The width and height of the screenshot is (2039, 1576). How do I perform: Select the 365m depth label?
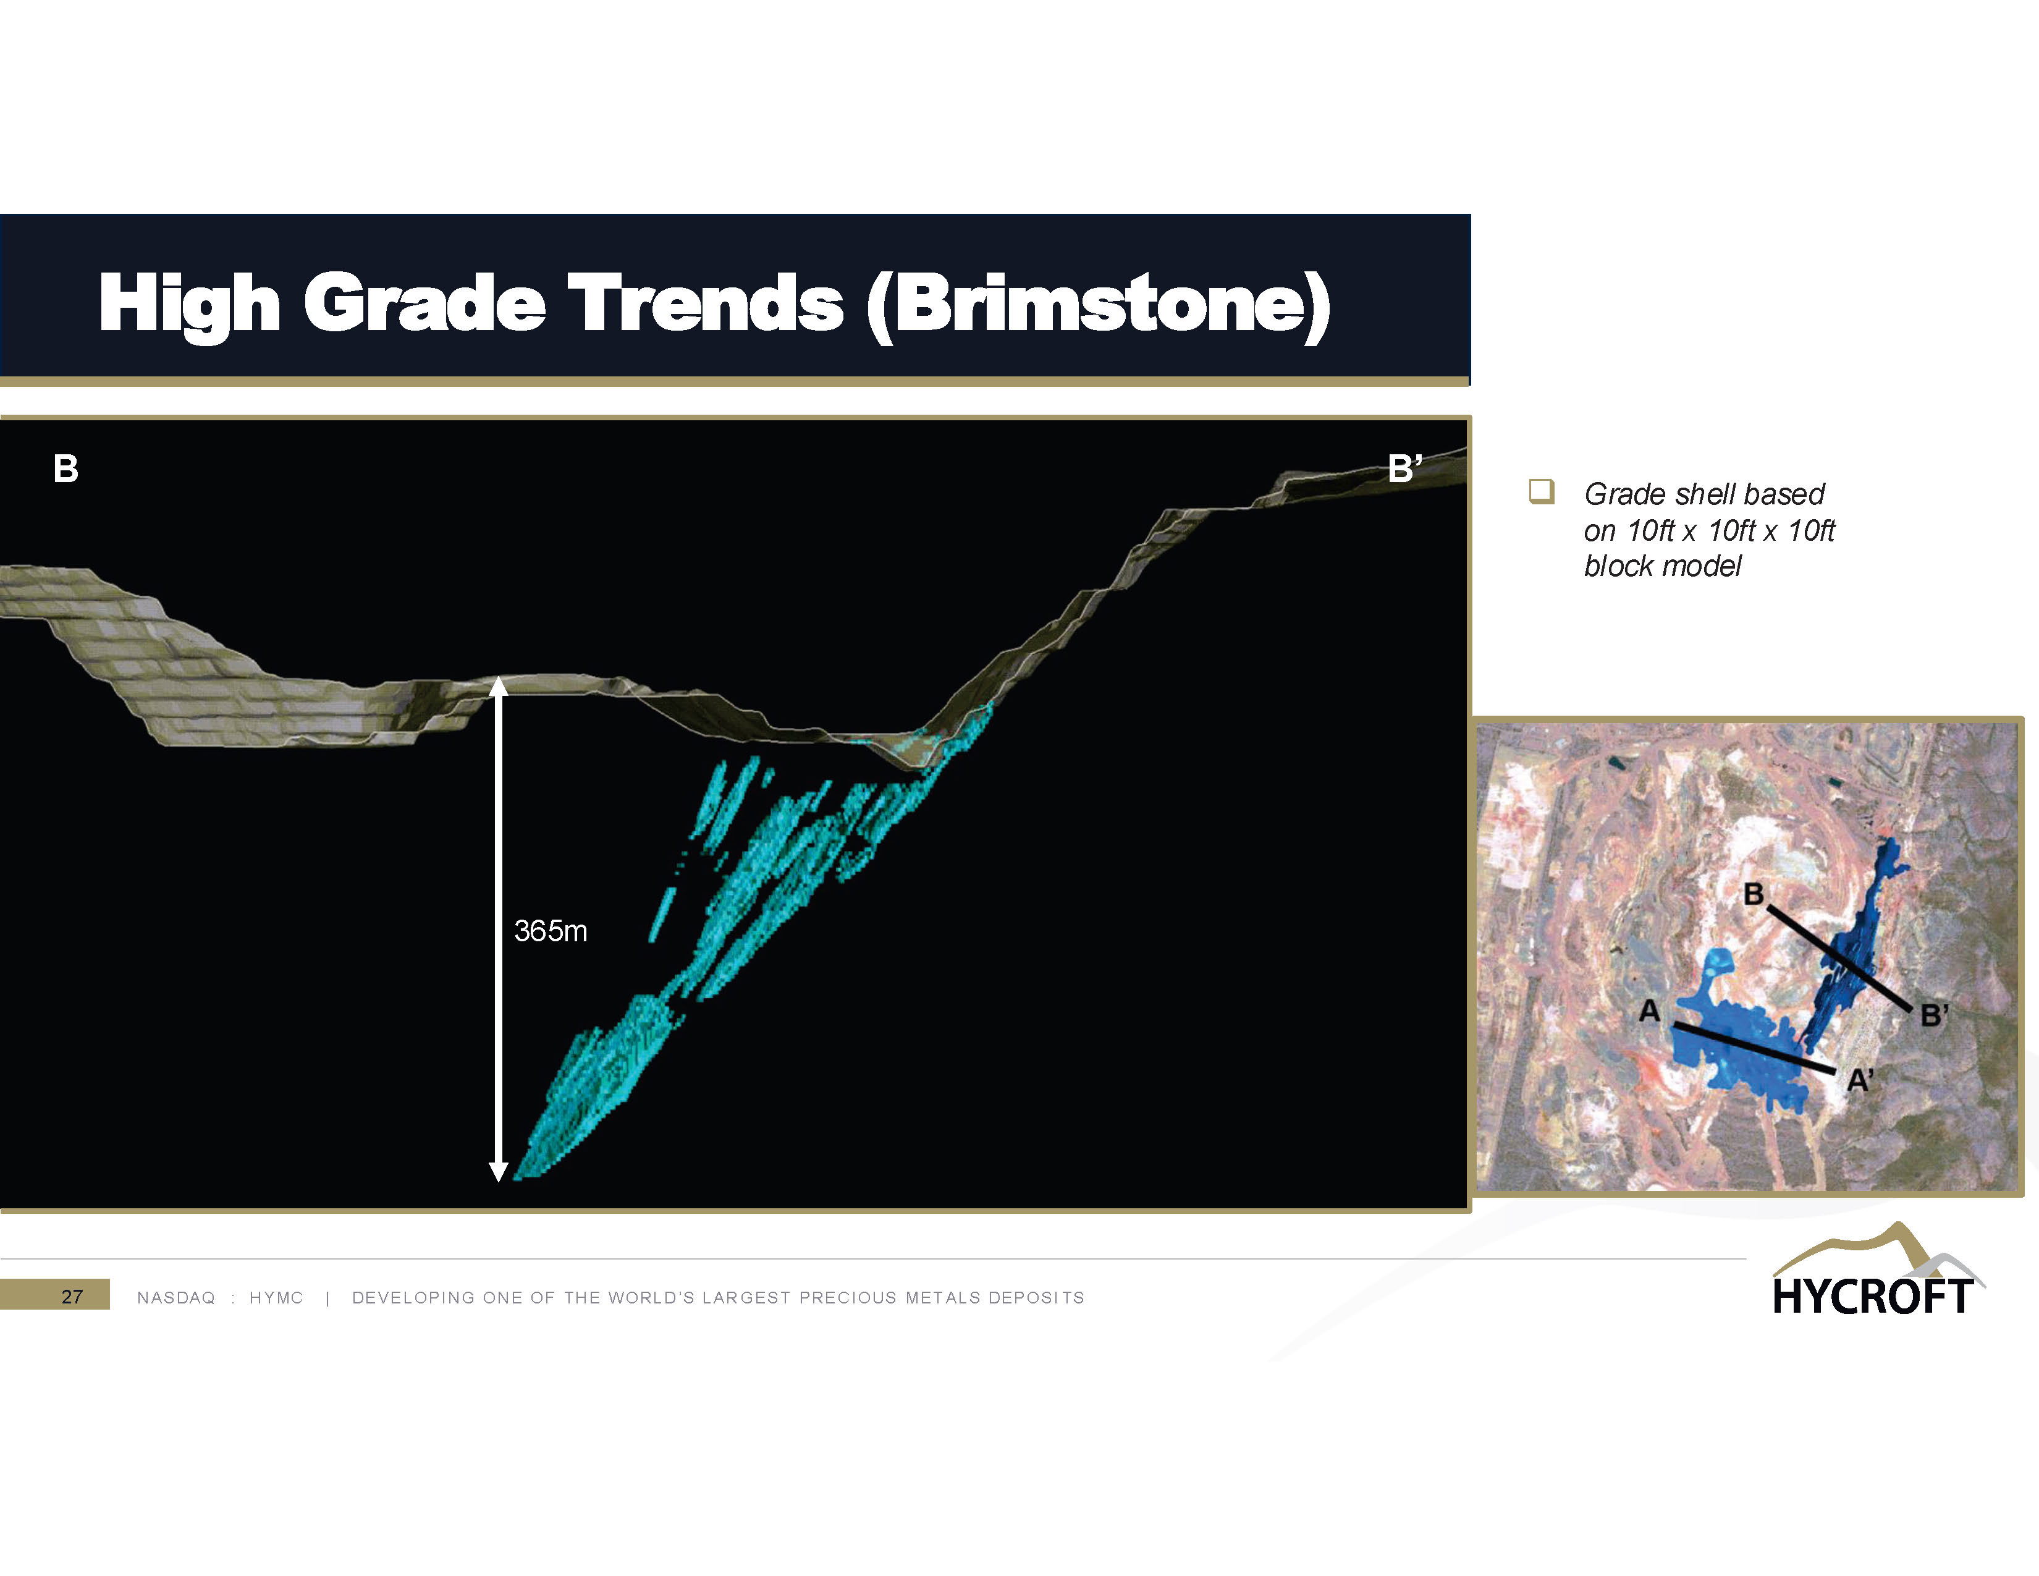(x=551, y=931)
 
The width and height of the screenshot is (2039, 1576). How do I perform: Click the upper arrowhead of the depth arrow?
(x=499, y=687)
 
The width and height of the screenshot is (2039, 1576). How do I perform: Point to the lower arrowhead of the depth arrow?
(x=499, y=1172)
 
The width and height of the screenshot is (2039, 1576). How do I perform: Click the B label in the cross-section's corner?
(x=66, y=468)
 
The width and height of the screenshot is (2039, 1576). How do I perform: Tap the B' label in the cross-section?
(x=1405, y=468)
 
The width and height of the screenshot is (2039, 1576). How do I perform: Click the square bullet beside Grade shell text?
(x=1542, y=491)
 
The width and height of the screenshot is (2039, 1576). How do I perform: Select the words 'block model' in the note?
(x=1663, y=566)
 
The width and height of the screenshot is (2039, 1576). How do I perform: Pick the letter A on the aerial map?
(x=1650, y=1010)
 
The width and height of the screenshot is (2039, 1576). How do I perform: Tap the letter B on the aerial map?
(x=1754, y=894)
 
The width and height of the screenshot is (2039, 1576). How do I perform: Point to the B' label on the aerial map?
(x=1933, y=1015)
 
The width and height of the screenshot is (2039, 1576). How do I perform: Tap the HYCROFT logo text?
(x=1872, y=1297)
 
